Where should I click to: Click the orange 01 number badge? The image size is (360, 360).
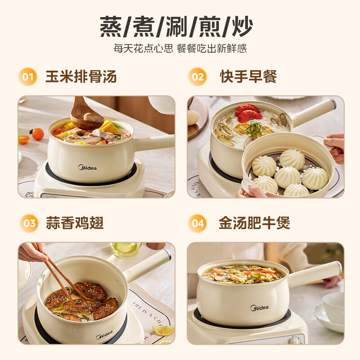click(28, 76)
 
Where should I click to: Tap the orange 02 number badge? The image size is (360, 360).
click(198, 76)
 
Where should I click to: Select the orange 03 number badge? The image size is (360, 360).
click(28, 223)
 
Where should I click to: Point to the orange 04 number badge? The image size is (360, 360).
click(198, 223)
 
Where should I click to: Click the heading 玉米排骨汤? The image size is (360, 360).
click(81, 76)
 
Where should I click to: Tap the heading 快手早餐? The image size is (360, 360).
click(248, 76)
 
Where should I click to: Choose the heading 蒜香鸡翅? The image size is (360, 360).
click(75, 223)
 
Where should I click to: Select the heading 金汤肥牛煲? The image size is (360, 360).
click(254, 223)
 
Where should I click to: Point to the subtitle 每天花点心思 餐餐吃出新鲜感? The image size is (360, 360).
click(180, 49)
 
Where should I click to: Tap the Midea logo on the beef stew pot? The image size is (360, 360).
click(260, 308)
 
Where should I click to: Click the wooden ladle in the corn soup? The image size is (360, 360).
click(85, 115)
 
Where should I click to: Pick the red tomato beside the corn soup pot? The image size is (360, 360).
click(37, 134)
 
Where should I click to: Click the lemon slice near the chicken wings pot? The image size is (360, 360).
click(163, 331)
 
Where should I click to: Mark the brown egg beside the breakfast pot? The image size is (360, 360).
click(193, 117)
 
